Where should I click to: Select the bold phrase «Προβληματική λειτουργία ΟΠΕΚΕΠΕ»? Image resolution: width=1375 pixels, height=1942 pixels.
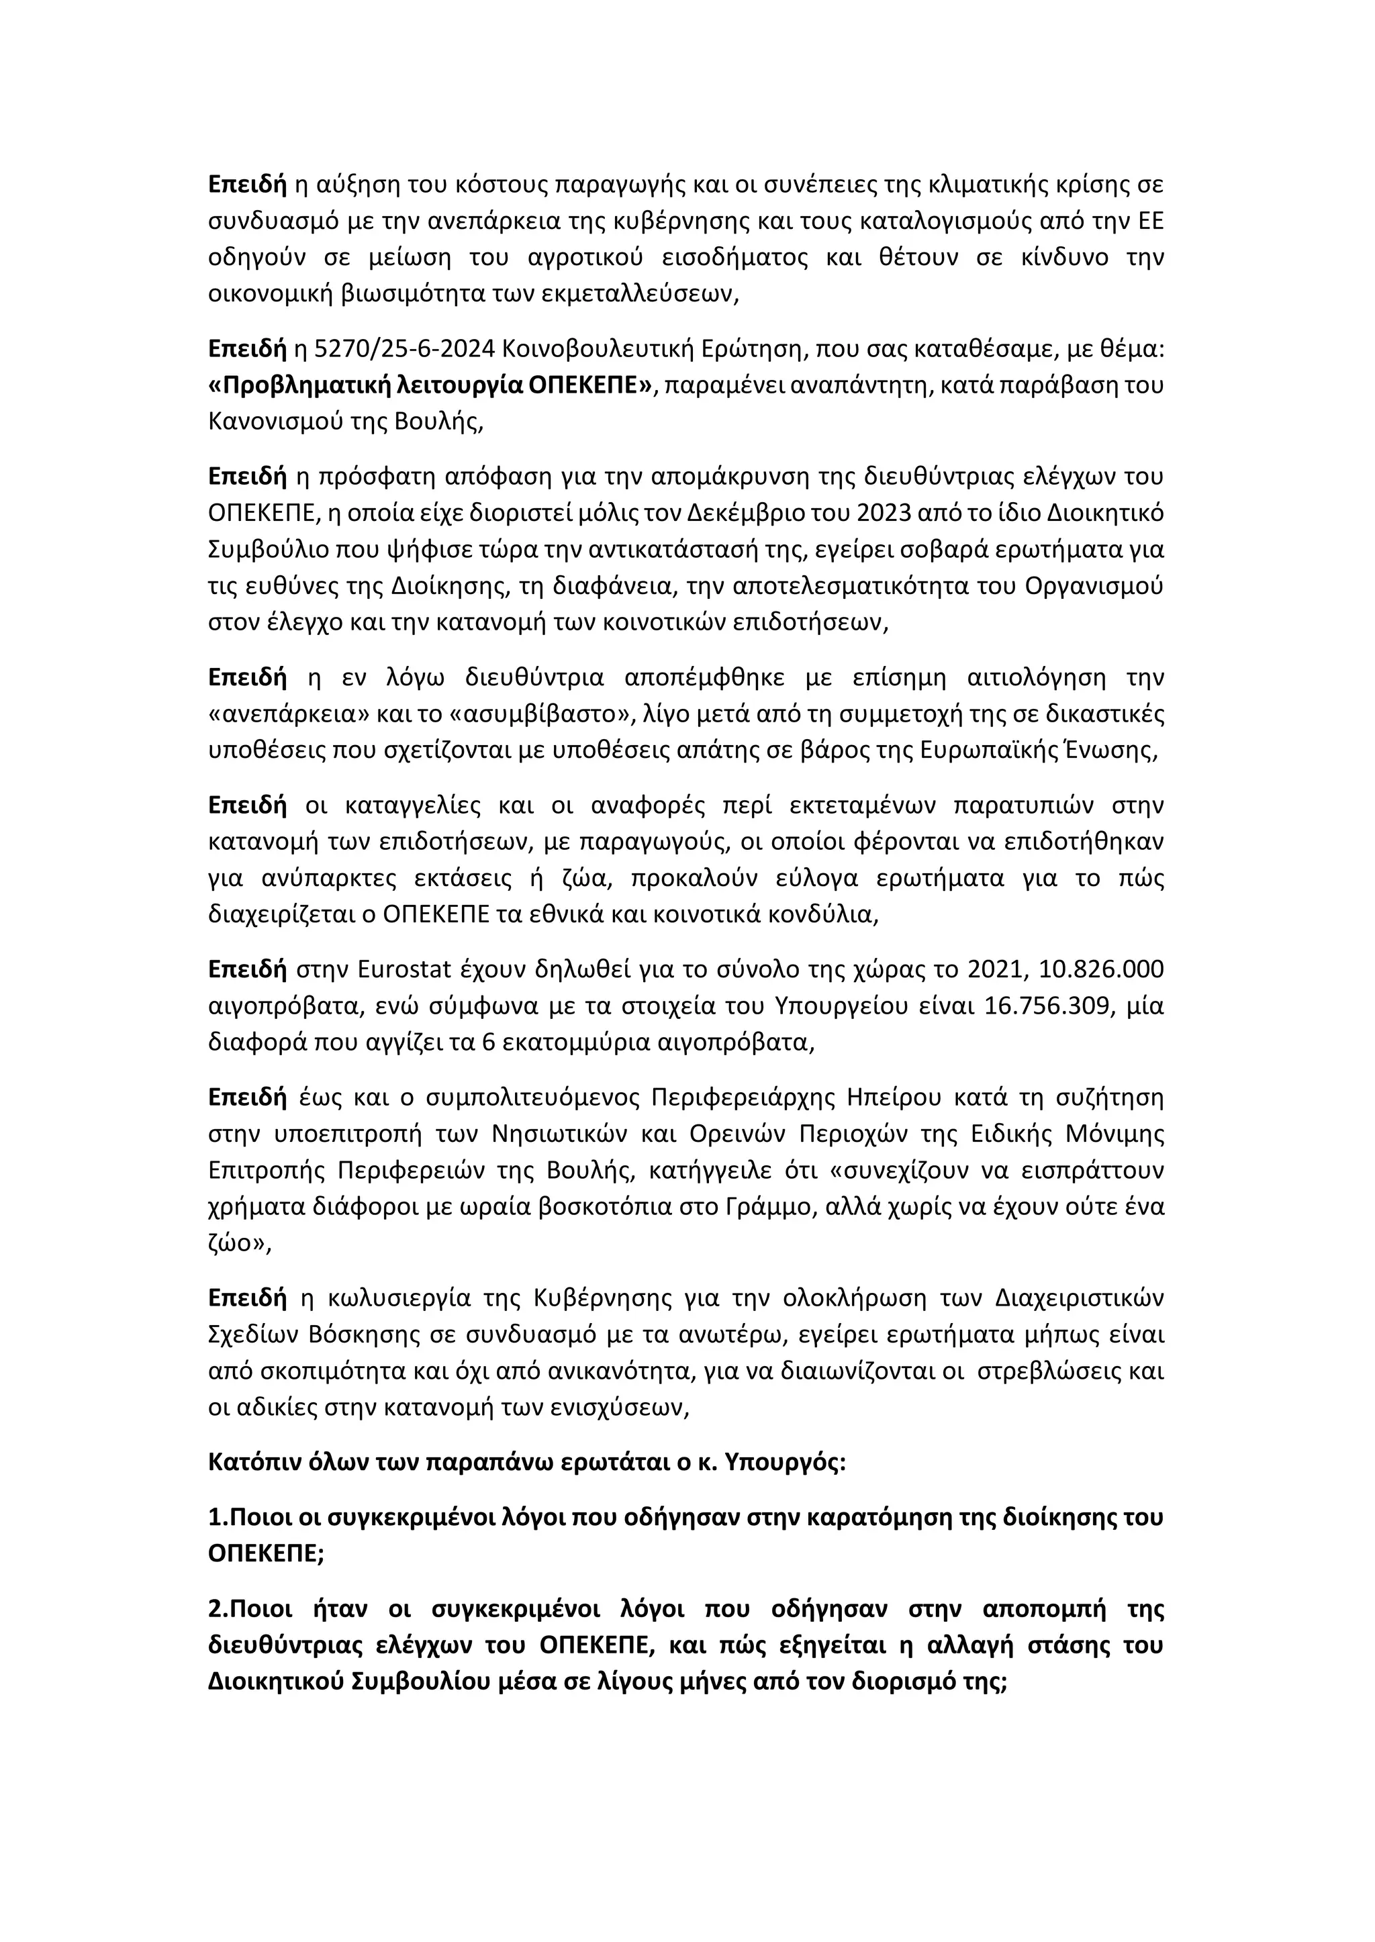[x=432, y=385]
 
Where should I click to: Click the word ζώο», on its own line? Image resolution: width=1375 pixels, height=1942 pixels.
[x=240, y=1244]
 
